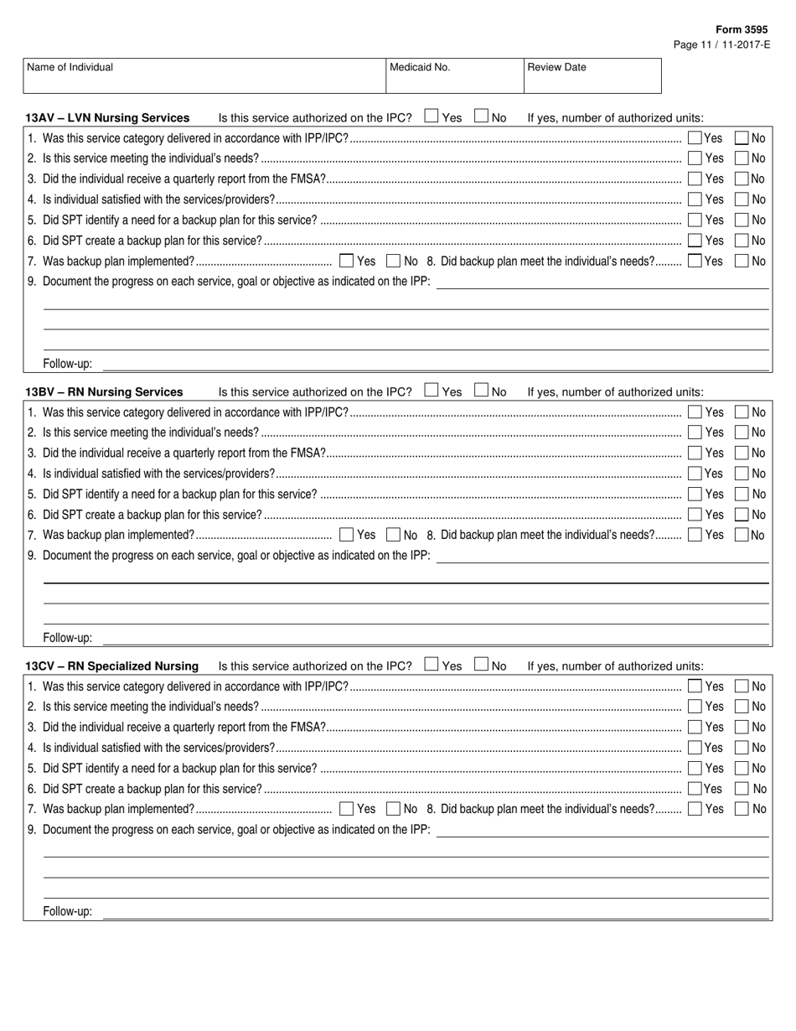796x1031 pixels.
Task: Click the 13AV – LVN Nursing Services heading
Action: click(107, 118)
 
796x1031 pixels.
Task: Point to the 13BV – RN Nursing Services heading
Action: click(104, 392)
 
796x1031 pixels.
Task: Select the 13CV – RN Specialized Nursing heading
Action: click(112, 666)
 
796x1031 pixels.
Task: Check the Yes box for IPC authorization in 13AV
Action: click(432, 117)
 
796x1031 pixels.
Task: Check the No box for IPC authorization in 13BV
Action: click(482, 391)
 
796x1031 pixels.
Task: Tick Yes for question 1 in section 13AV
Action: click(695, 137)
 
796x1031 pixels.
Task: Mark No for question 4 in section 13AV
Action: click(742, 199)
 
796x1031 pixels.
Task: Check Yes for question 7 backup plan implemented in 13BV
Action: click(346, 535)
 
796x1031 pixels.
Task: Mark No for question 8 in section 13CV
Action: click(742, 809)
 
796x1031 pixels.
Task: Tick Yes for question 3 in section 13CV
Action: click(695, 727)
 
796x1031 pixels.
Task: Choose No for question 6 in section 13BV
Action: click(742, 515)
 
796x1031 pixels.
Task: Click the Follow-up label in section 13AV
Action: click(68, 365)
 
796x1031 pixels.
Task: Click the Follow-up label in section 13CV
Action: click(68, 912)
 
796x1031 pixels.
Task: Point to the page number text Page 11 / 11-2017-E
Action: click(721, 44)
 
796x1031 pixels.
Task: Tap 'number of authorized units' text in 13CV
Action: click(627, 666)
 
